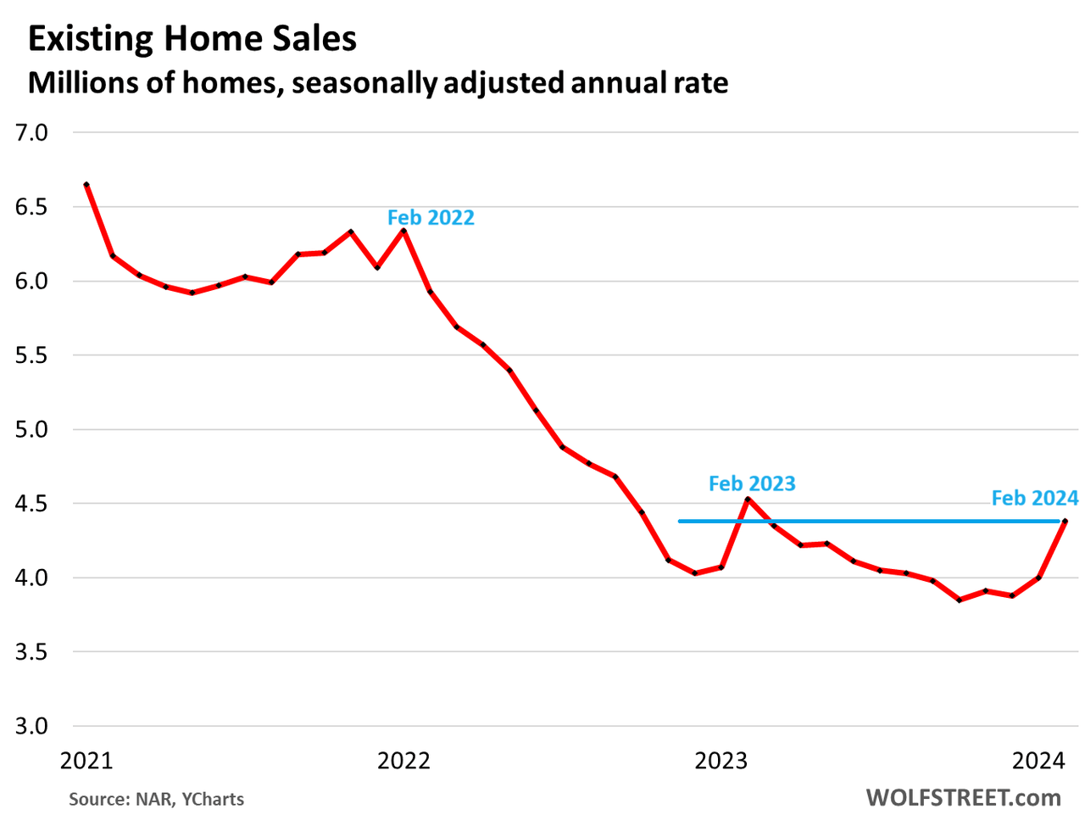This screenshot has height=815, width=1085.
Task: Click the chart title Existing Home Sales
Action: click(192, 39)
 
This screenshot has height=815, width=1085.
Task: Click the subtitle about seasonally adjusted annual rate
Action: click(378, 82)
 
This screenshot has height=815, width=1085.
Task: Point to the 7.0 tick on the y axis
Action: click(31, 132)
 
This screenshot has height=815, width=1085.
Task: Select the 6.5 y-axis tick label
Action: click(31, 207)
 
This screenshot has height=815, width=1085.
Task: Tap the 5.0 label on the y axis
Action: click(31, 430)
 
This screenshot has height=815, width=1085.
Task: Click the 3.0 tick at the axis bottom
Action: click(31, 727)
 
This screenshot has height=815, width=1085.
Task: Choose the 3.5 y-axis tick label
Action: click(31, 652)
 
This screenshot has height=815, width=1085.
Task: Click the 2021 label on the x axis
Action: click(86, 761)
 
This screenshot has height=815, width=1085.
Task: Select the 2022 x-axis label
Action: click(403, 761)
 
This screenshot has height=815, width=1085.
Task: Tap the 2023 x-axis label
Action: click(721, 761)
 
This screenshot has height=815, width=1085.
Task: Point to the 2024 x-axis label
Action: click(1038, 761)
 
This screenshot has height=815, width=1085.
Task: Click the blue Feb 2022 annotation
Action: click(431, 218)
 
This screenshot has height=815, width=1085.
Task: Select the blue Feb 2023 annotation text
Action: click(752, 484)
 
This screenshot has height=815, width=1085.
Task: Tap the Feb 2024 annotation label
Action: click(1034, 498)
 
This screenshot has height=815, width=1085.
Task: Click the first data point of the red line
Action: click(86, 185)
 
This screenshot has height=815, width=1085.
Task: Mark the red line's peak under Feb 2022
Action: click(403, 231)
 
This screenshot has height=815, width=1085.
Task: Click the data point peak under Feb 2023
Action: click(748, 499)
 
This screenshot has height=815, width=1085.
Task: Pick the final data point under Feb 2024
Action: click(1065, 522)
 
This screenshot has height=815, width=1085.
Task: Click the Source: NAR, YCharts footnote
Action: click(156, 799)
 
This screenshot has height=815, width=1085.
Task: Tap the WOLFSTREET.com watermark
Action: click(963, 797)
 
